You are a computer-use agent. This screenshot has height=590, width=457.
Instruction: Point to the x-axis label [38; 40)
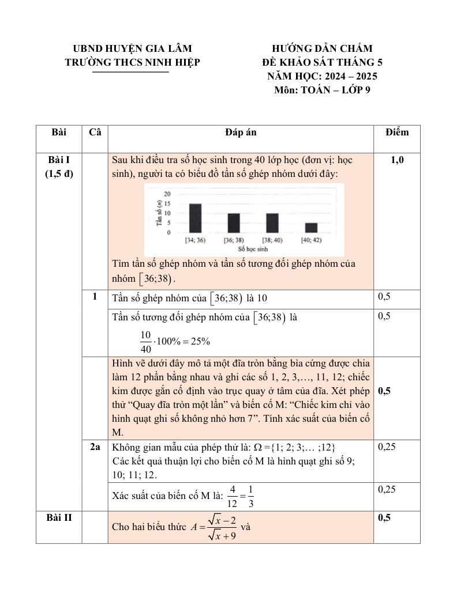coord(272,240)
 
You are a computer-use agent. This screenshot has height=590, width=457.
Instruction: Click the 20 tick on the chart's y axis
coord(167,194)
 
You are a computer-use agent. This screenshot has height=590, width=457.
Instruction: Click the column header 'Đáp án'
coord(241,133)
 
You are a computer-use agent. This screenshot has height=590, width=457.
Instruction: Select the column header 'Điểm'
coord(397,133)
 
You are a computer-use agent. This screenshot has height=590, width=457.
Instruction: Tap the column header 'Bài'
coord(59,133)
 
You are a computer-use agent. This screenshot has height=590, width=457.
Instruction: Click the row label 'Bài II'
coord(59,517)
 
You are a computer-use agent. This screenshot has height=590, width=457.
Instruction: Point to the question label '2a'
coord(95,447)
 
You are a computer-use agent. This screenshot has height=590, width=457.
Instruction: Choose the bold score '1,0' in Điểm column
coord(397,160)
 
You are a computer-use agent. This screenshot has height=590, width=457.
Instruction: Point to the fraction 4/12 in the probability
coord(233,496)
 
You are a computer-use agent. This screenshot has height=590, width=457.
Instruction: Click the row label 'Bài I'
coord(59,160)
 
